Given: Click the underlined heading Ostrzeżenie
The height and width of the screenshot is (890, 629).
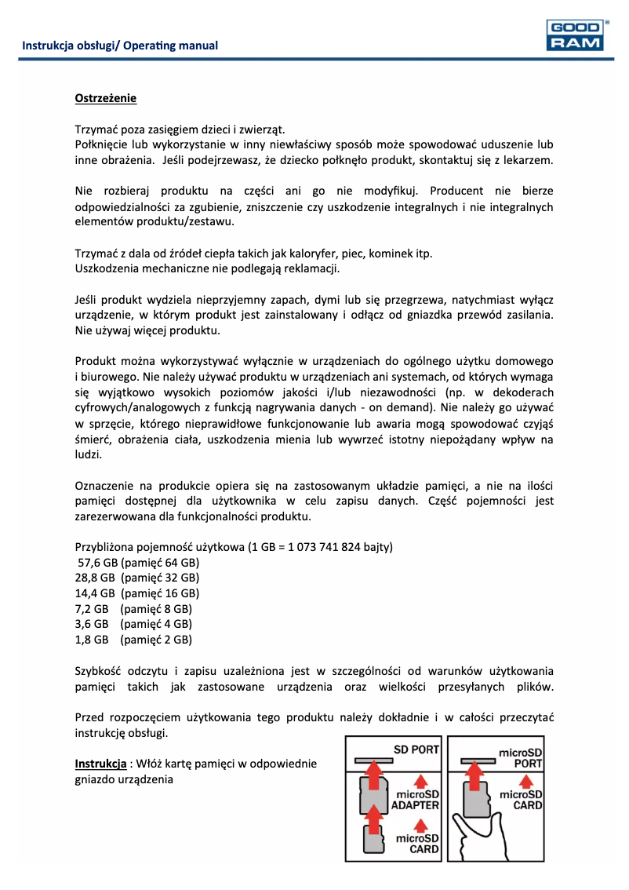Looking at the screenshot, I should click(x=105, y=99).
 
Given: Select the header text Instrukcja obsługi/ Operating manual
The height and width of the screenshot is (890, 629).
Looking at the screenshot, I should click(x=120, y=46).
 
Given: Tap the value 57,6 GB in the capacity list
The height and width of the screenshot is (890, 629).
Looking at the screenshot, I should click(x=96, y=564).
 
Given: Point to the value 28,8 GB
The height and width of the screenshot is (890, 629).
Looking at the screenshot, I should click(x=94, y=578).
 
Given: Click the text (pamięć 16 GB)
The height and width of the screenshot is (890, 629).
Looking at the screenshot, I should click(x=160, y=593).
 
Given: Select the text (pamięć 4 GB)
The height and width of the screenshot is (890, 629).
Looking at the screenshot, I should click(x=156, y=624).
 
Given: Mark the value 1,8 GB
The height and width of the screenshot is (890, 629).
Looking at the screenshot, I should click(x=91, y=640).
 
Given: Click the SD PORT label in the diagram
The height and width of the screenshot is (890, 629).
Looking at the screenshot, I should click(x=416, y=750).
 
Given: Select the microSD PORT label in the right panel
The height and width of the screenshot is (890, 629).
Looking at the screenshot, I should click(x=521, y=758).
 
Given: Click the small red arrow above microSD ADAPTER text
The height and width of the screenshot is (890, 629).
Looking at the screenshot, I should click(x=420, y=780).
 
